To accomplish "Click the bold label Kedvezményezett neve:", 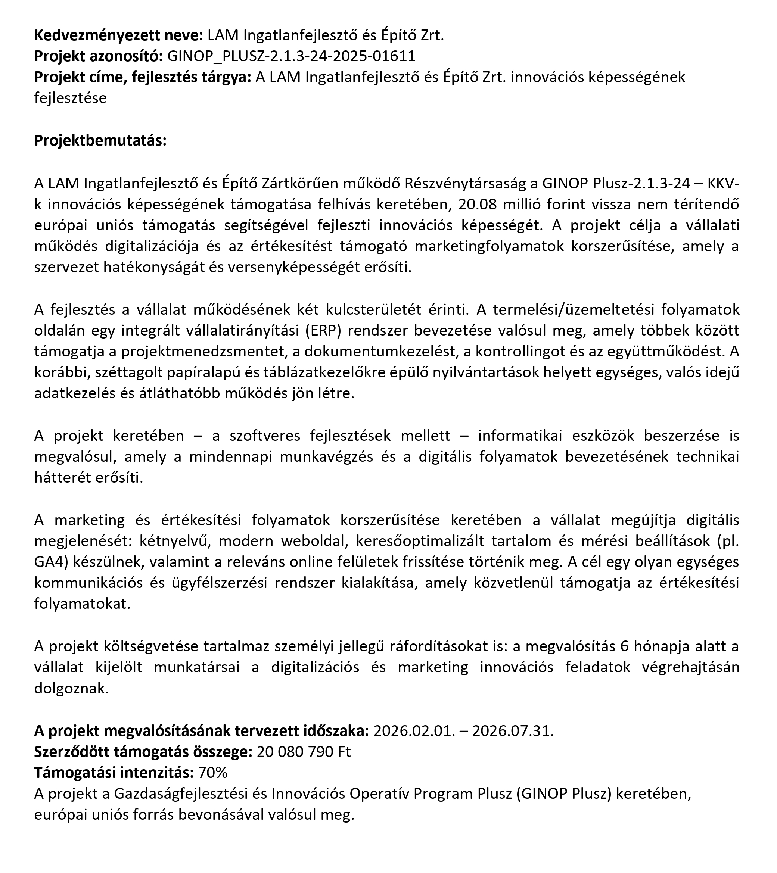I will (x=118, y=35).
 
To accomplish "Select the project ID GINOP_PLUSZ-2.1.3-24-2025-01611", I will (x=291, y=56).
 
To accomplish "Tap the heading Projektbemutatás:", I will (x=100, y=140).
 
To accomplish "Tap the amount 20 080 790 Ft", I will (x=303, y=752).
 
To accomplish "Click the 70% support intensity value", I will (x=213, y=773).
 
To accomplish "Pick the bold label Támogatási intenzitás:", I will (x=114, y=773).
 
